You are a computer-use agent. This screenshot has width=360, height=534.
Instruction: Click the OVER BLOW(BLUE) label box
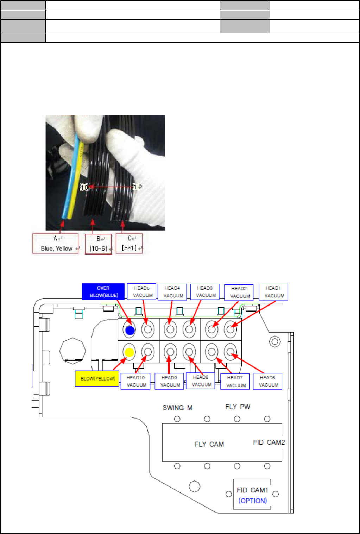point(103,291)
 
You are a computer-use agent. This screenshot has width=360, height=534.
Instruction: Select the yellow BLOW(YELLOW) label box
point(97,379)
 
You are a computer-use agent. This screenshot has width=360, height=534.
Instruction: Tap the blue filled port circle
point(130,330)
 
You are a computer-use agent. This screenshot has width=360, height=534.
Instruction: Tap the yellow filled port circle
point(130,352)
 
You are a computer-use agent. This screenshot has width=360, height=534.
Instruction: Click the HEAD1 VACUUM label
point(273,292)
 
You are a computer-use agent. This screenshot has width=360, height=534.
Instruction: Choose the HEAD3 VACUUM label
point(205,292)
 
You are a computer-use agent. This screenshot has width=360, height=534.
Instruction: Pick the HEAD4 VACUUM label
point(172,292)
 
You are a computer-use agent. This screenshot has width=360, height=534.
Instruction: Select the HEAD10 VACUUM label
point(135,381)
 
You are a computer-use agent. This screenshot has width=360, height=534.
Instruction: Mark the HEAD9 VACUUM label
point(169,381)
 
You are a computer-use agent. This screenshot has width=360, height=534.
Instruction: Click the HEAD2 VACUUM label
point(239,293)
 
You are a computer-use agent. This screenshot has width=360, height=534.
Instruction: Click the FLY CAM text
point(209,444)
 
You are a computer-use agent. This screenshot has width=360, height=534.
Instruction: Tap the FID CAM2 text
point(269,442)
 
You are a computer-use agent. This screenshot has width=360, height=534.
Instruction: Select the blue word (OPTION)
point(253,501)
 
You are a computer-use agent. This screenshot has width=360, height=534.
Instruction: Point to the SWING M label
point(177,408)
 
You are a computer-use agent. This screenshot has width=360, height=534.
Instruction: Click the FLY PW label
point(238,407)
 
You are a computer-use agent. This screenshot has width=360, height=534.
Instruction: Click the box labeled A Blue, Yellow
point(56,244)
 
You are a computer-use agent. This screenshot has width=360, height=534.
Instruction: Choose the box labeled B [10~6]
point(98,244)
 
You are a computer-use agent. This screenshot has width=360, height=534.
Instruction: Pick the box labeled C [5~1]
point(130,244)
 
